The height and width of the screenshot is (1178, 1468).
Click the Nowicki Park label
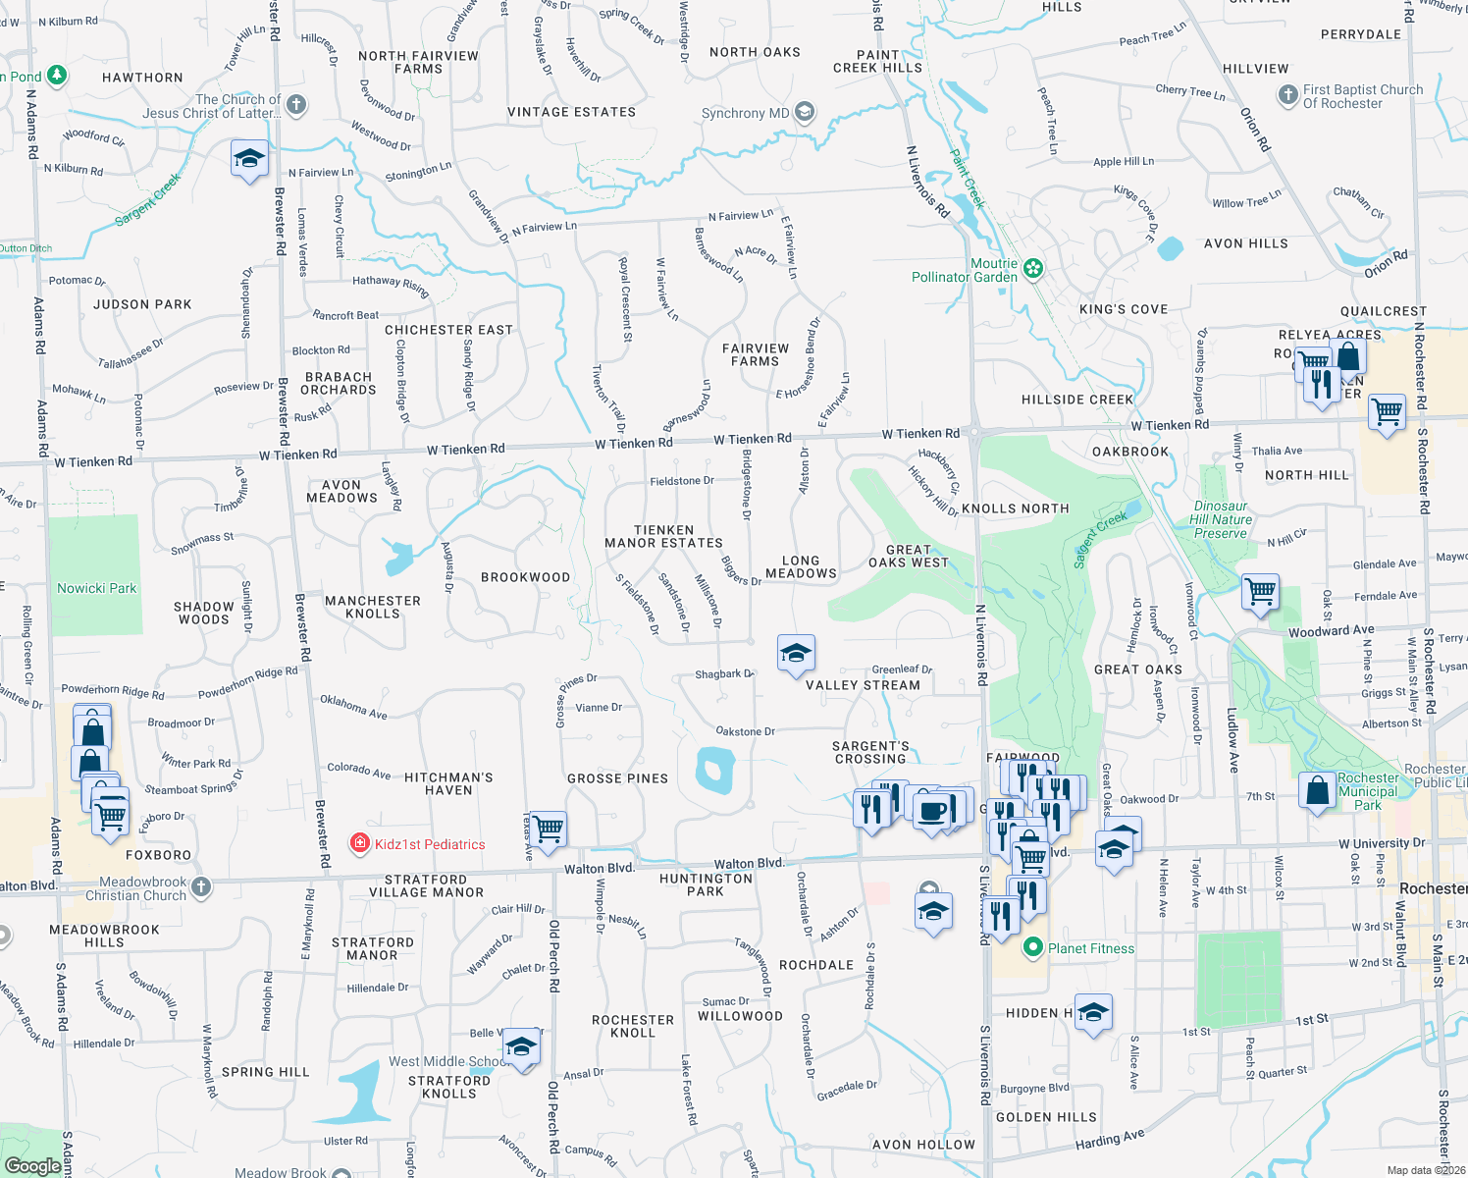click(96, 588)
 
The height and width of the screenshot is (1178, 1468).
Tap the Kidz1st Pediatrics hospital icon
click(360, 844)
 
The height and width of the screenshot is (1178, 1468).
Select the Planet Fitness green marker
click(1032, 948)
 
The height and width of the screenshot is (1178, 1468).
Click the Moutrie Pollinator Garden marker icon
click(1032, 268)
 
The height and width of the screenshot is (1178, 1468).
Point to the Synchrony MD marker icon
click(805, 112)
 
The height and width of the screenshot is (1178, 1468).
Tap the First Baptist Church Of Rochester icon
click(1287, 95)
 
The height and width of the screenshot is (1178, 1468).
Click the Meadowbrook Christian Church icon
click(201, 887)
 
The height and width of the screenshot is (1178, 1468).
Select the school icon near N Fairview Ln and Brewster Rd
click(249, 158)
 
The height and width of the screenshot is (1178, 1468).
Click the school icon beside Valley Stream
click(796, 653)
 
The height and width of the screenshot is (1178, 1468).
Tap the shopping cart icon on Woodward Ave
click(1260, 592)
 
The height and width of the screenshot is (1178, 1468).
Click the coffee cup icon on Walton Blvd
click(932, 811)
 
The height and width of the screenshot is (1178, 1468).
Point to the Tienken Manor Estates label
click(664, 536)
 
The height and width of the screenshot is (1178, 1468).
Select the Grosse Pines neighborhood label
click(617, 778)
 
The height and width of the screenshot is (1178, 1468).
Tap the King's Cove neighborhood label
click(1124, 309)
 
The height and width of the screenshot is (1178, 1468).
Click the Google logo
click(32, 1165)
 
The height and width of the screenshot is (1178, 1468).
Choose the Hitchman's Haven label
click(448, 783)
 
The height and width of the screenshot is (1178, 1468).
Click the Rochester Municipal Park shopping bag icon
click(1317, 791)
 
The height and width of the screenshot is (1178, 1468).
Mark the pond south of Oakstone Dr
click(715, 770)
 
